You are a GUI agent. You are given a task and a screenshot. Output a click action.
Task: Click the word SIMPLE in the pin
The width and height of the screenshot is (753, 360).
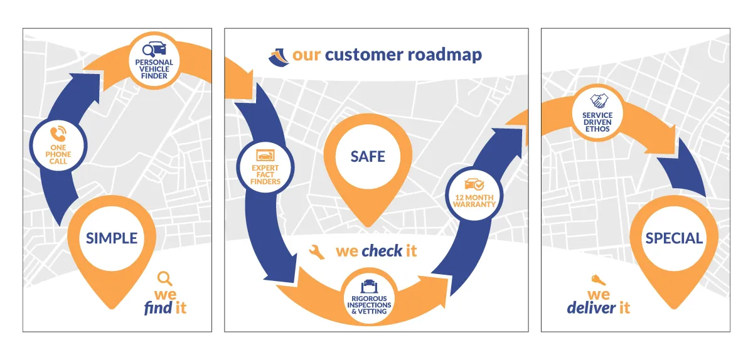tap(112, 238)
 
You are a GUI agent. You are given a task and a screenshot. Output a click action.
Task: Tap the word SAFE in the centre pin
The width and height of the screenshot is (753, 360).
tap(368, 157)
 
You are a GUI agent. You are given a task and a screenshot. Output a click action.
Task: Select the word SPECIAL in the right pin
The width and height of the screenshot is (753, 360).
tap(674, 238)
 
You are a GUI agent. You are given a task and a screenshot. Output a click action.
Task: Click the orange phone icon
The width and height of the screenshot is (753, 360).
tap(58, 134)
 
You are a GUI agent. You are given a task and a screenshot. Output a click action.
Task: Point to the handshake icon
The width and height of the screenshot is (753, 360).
tap(599, 101)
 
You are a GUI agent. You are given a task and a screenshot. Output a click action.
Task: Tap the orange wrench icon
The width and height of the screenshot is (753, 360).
tap(317, 251)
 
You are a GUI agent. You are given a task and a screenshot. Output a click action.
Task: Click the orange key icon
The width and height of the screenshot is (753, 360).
tap(599, 280)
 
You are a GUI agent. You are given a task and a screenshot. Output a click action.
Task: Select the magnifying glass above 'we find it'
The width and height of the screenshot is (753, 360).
tap(164, 278)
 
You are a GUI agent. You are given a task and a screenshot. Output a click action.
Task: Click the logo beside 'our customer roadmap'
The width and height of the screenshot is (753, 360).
tap(279, 57)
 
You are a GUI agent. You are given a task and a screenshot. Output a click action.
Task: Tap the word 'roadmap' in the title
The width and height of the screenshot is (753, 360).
tap(445, 55)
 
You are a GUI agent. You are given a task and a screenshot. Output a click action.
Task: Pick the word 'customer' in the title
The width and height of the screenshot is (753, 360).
tap(364, 55)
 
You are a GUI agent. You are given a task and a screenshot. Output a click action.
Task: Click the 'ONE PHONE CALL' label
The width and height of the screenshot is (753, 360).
tap(58, 154)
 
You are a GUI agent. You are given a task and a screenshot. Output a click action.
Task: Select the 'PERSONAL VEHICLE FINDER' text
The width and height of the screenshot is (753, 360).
tap(154, 69)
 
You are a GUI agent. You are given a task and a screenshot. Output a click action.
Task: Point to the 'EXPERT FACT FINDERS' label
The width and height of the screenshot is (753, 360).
tap(265, 175)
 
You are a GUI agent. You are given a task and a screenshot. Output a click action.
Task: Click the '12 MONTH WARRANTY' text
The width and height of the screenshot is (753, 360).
tap(474, 201)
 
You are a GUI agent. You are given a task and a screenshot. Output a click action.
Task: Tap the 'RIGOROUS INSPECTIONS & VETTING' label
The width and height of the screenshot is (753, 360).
tap(369, 305)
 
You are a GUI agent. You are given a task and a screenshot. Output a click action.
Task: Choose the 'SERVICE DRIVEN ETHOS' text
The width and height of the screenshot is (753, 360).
tap(597, 122)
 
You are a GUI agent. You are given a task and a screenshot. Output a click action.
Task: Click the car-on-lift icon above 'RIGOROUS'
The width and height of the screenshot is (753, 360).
tap(369, 286)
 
